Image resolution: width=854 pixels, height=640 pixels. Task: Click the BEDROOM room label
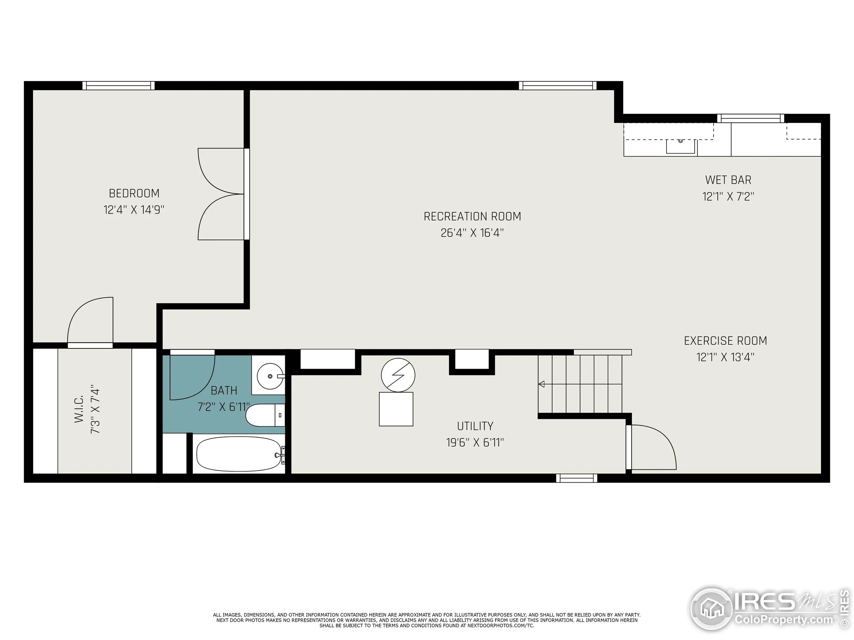pos(134,193)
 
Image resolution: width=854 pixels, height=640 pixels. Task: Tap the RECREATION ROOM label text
pos(472,216)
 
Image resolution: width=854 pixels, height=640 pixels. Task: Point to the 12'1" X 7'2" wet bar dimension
pos(728,197)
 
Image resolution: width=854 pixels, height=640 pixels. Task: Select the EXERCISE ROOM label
pos(725,341)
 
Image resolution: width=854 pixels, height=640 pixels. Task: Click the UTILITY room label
pos(475,426)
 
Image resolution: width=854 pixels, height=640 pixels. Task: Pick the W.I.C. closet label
pos(79,409)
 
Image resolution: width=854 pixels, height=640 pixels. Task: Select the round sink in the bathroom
pos(270,376)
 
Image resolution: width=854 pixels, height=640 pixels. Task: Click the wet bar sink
pos(681,146)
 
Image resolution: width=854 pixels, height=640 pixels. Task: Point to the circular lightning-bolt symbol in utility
pos(398,375)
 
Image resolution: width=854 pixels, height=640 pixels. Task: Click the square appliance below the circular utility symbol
pos(396,409)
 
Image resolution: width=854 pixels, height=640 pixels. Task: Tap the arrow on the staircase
pos(541,384)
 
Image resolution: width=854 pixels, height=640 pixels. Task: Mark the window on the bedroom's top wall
pos(118,86)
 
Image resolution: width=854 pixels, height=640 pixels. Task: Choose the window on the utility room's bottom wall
pos(576,478)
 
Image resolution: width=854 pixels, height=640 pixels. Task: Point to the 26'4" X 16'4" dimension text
pos(472,233)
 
